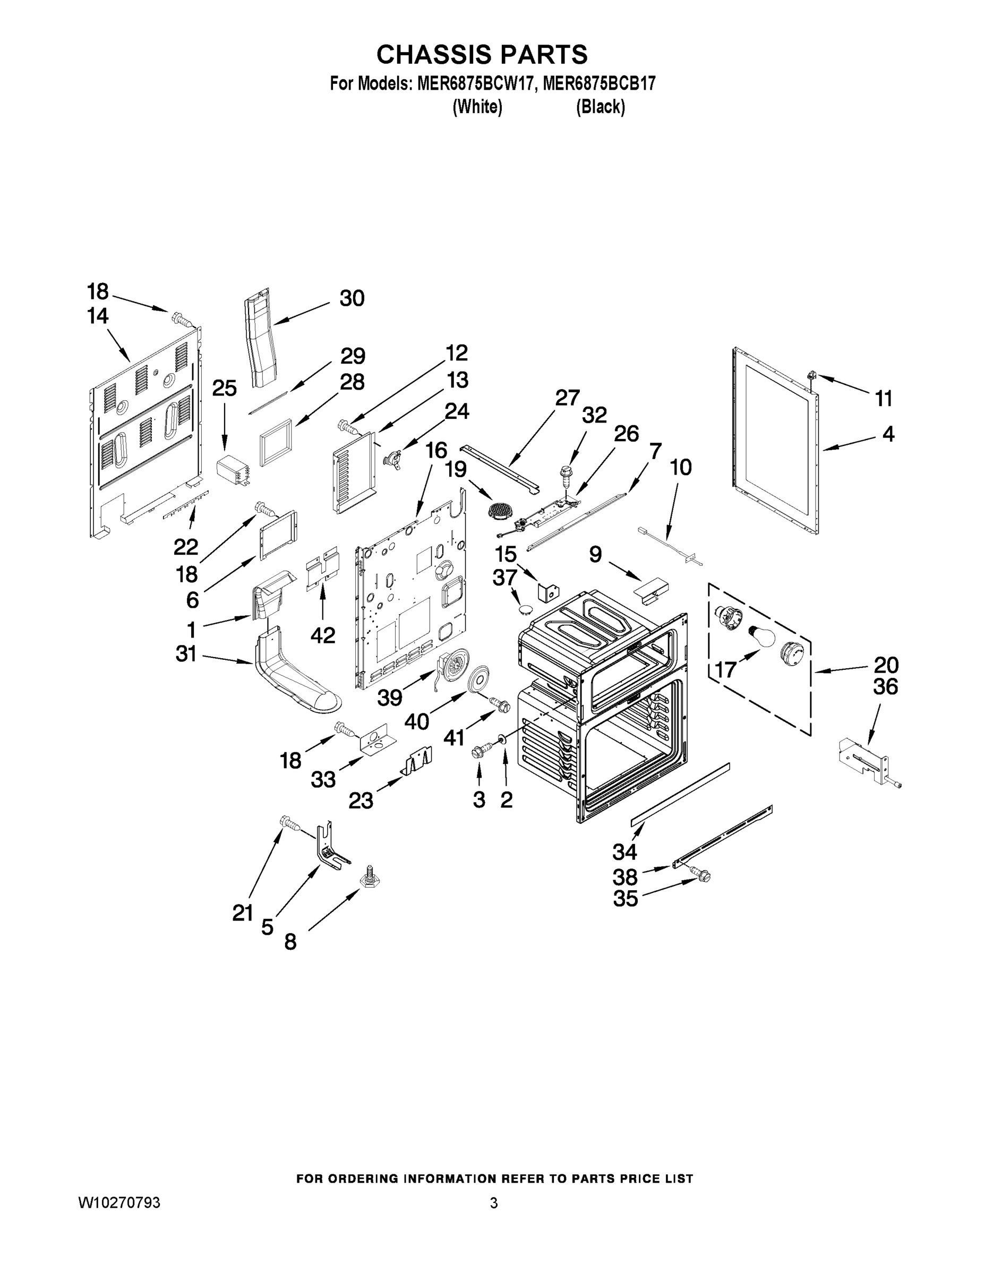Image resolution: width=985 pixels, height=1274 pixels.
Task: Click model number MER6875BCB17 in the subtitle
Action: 599,83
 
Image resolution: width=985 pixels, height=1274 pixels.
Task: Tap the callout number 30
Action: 352,298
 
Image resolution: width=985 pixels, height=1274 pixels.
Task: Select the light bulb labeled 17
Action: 763,636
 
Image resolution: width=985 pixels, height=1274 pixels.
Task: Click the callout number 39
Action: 390,697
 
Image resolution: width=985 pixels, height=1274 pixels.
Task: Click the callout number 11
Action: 884,399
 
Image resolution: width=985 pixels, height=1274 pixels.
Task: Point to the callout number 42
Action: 323,635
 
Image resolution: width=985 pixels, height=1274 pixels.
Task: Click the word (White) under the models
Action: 477,107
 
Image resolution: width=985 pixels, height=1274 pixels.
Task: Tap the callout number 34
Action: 624,852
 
